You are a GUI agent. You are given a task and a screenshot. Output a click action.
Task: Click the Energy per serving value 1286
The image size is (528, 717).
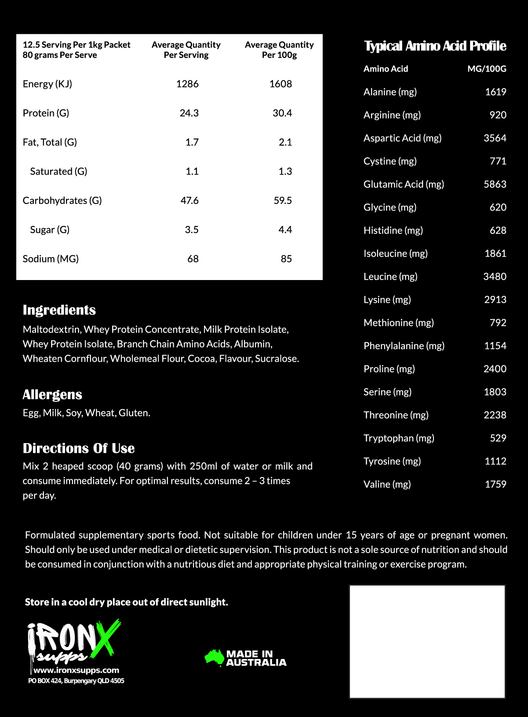tap(187, 84)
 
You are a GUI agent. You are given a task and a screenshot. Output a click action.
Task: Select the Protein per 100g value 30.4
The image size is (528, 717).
tap(282, 113)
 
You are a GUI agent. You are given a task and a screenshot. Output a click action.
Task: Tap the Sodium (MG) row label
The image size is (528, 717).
tap(51, 259)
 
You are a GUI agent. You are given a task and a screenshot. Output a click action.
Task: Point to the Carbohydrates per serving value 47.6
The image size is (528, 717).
tap(189, 200)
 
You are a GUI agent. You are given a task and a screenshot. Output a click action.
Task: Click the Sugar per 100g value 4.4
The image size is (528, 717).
tap(285, 229)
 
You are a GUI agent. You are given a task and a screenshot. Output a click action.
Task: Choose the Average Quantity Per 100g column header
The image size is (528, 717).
tap(279, 50)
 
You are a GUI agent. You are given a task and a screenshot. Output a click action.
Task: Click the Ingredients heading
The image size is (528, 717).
tap(59, 310)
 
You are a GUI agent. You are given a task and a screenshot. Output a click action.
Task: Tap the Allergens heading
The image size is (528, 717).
tap(52, 394)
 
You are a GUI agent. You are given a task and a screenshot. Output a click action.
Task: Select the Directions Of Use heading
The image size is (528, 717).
tap(79, 448)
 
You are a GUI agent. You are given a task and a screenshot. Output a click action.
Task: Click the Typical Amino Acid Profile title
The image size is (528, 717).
tap(435, 46)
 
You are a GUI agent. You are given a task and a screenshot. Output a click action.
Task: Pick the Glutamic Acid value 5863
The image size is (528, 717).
tap(495, 184)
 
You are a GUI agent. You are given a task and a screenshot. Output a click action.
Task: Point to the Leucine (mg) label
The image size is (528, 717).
tap(390, 277)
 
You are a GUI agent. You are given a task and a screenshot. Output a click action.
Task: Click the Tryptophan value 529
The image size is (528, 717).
tap(498, 438)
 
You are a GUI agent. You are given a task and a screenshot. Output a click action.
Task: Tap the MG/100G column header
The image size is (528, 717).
tap(487, 69)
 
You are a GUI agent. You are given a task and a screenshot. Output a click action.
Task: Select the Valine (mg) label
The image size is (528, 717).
tap(387, 484)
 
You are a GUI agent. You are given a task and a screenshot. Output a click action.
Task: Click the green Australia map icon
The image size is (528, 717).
tap(215, 658)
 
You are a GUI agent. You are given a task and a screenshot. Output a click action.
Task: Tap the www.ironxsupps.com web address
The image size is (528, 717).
tap(76, 670)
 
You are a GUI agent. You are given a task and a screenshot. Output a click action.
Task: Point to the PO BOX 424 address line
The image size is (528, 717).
tap(76, 681)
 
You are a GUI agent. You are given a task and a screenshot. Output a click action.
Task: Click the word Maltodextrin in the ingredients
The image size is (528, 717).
tap(51, 329)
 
